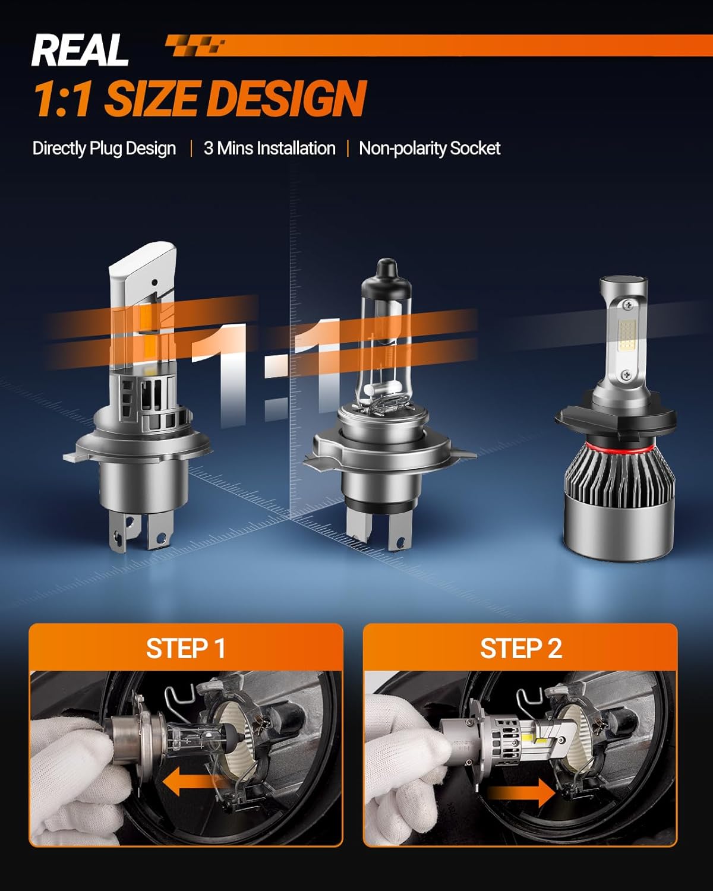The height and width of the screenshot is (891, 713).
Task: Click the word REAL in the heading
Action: (80, 50)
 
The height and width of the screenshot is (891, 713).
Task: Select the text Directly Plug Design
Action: (104, 148)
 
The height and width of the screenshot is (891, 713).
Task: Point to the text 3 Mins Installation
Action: (269, 148)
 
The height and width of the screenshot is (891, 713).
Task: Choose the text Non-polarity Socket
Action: (430, 148)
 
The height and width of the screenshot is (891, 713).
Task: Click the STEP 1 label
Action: (185, 649)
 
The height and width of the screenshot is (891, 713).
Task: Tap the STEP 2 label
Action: (520, 649)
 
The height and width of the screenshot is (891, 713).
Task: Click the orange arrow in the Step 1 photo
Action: (193, 782)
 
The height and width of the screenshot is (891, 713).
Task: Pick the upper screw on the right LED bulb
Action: (629, 305)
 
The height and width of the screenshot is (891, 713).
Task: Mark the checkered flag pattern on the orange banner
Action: (195, 45)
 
